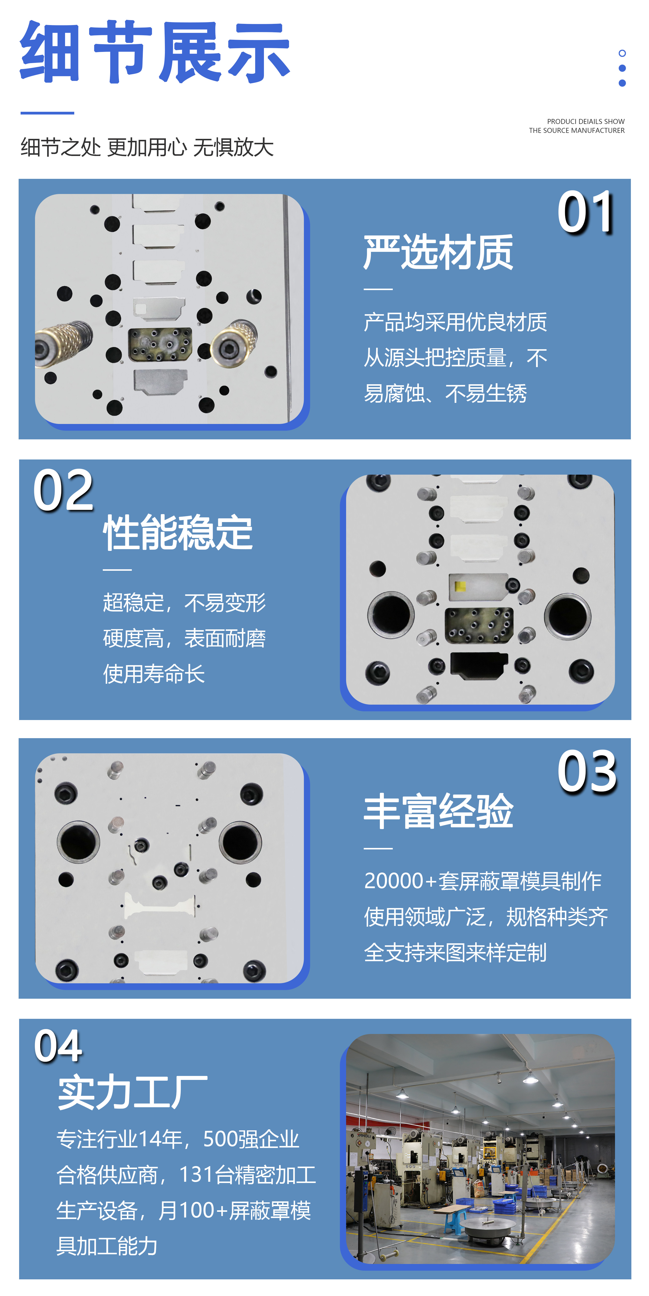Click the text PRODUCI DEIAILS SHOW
pyautogui.click(x=586, y=121)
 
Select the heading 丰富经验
pyautogui.click(x=438, y=811)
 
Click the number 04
pyautogui.click(x=58, y=1046)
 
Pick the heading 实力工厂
pyautogui.click(x=132, y=1092)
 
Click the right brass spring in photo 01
pyautogui.click(x=234, y=342)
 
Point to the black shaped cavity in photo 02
pyautogui.click(x=478, y=665)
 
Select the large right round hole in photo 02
pyautogui.click(x=568, y=616)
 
